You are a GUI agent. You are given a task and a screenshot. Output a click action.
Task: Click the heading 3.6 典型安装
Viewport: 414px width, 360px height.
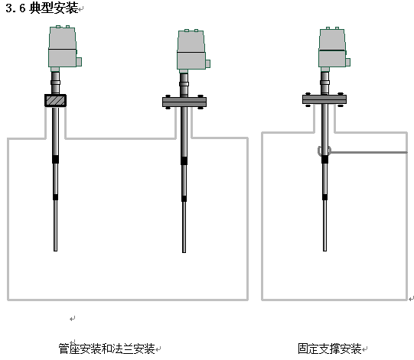42,8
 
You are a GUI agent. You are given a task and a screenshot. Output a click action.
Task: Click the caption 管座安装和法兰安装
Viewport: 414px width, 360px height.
106,349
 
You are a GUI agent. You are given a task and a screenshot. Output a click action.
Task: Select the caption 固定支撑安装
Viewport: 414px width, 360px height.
330,349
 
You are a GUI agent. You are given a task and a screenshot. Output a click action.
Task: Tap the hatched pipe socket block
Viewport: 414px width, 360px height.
55,100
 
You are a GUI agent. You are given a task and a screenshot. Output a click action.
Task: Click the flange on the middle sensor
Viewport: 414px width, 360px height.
184,102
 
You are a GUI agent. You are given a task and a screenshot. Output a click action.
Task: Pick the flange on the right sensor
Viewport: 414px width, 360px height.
324,99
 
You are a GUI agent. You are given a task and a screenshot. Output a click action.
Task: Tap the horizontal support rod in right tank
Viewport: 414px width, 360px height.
369,152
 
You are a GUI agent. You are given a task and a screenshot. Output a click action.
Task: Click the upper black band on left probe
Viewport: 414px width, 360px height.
55,159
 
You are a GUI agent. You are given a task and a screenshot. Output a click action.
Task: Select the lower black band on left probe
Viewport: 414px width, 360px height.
55,197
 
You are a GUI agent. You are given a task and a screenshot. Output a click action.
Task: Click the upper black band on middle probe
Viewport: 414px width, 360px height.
184,161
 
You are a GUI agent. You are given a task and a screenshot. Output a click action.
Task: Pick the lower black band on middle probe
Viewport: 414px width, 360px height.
184,199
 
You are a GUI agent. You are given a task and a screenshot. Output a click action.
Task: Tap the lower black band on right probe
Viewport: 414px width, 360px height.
324,197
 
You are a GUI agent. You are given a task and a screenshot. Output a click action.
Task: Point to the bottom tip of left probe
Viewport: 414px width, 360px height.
55,251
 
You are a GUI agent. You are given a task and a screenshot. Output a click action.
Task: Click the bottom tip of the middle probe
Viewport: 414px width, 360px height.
184,252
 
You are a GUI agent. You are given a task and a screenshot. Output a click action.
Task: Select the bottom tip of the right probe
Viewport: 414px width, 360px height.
324,251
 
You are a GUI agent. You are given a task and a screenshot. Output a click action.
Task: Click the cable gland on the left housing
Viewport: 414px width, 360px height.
79,62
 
